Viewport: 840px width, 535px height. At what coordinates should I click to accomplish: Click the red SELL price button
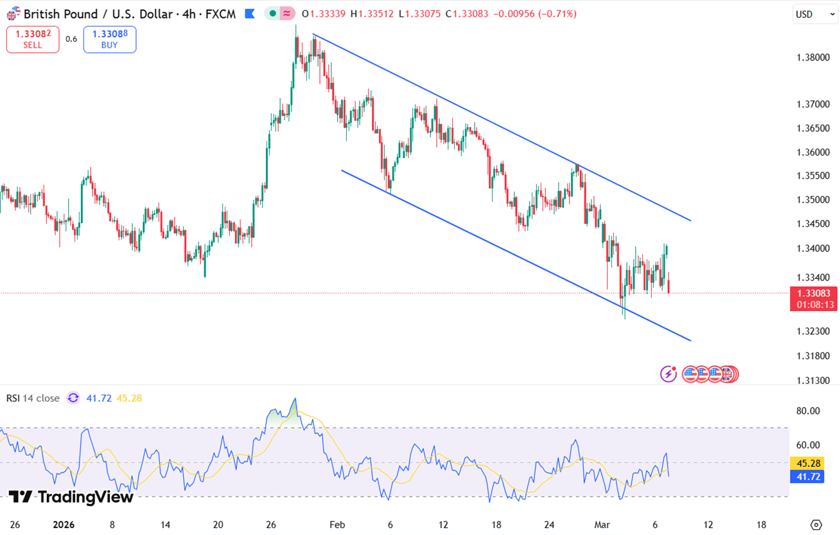pyautogui.click(x=33, y=39)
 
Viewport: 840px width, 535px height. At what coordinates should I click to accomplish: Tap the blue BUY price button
pyautogui.click(x=110, y=39)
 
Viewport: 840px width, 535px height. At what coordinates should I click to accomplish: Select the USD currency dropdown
pyautogui.click(x=815, y=14)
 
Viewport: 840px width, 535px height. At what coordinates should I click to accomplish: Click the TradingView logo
pyautogui.click(x=71, y=497)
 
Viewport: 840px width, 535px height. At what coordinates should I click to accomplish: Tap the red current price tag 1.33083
pyautogui.click(x=813, y=294)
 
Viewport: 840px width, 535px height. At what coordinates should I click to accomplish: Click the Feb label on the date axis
pyautogui.click(x=337, y=525)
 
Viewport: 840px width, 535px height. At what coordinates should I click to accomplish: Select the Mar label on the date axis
pyautogui.click(x=602, y=525)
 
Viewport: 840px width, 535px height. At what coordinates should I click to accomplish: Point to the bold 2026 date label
pyautogui.click(x=63, y=525)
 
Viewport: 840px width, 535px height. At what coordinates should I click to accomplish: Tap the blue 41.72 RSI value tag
pyautogui.click(x=807, y=477)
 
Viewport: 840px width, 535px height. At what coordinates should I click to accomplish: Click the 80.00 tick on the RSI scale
pyautogui.click(x=807, y=411)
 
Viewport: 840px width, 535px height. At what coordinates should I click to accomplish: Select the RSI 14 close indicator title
pyautogui.click(x=33, y=398)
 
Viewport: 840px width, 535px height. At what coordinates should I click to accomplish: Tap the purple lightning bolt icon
pyautogui.click(x=669, y=374)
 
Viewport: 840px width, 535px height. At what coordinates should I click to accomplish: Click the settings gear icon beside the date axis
pyautogui.click(x=816, y=525)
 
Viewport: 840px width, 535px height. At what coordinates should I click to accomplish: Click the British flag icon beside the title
pyautogui.click(x=12, y=14)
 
